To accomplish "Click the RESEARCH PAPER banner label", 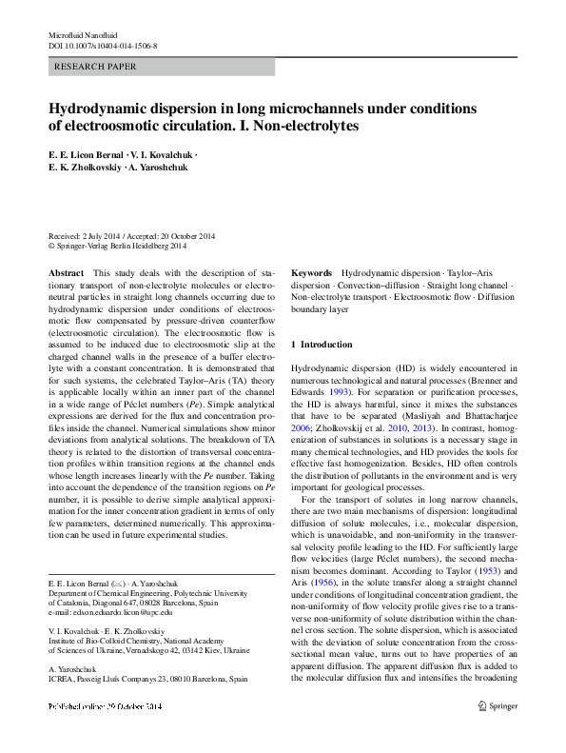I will coord(97,68).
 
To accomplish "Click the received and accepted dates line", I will coord(132,236).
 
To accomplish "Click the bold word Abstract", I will coord(66,272).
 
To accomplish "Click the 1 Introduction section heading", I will coord(322,344).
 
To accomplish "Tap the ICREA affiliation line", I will coord(147,680).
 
